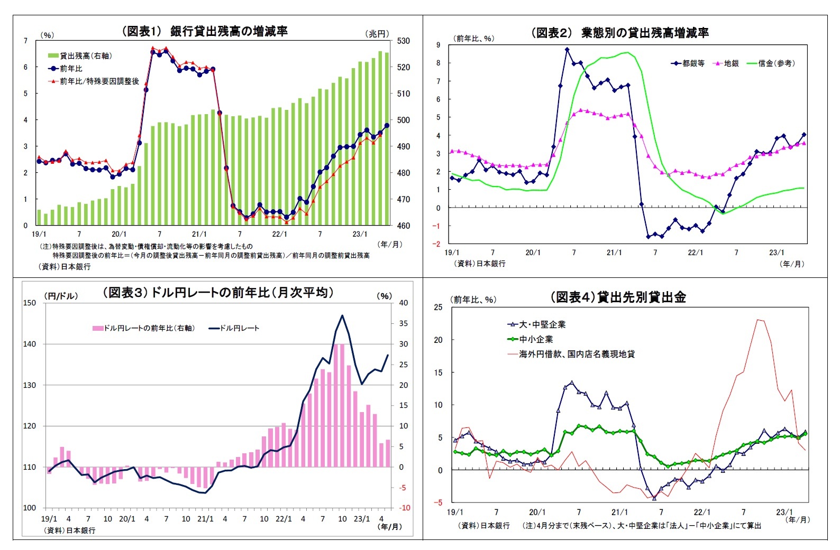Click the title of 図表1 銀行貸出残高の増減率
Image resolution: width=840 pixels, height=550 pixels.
coord(205,31)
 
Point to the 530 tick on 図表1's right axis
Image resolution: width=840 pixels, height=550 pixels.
coord(403,41)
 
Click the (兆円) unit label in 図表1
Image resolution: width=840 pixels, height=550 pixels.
coord(377,34)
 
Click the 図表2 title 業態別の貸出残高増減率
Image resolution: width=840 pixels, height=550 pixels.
coord(619,33)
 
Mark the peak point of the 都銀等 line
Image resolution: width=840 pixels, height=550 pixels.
coord(567,50)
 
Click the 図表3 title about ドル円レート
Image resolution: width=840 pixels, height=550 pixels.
coord(218,293)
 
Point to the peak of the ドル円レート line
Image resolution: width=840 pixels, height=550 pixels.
coord(342,315)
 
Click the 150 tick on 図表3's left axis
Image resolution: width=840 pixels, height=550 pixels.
coord(30,303)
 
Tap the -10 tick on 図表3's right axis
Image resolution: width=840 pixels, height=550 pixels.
coord(405,508)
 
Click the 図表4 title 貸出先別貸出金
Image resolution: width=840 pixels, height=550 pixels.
coord(618,297)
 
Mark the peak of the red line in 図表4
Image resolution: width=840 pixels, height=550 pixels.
coord(759,319)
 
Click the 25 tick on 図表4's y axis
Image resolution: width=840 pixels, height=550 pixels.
coord(438,307)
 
